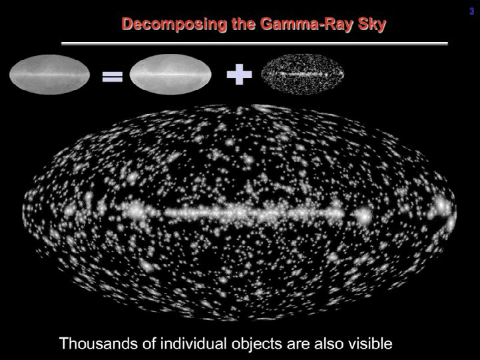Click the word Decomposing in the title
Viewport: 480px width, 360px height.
pyautogui.click(x=174, y=25)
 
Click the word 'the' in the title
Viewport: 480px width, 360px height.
pyautogui.click(x=244, y=23)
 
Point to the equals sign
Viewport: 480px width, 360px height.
pyautogui.click(x=113, y=77)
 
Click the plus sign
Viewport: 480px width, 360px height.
pyautogui.click(x=239, y=75)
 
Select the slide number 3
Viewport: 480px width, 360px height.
pyautogui.click(x=472, y=11)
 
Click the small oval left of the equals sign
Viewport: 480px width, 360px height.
pyautogui.click(x=49, y=75)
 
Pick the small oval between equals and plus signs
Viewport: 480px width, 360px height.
pyautogui.click(x=170, y=75)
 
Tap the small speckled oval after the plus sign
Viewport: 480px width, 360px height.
pyautogui.click(x=302, y=75)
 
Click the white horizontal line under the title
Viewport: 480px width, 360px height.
pyautogui.click(x=254, y=43)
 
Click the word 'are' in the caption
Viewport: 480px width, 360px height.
pyautogui.click(x=298, y=345)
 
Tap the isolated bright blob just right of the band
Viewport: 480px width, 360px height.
pyautogui.click(x=364, y=216)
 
